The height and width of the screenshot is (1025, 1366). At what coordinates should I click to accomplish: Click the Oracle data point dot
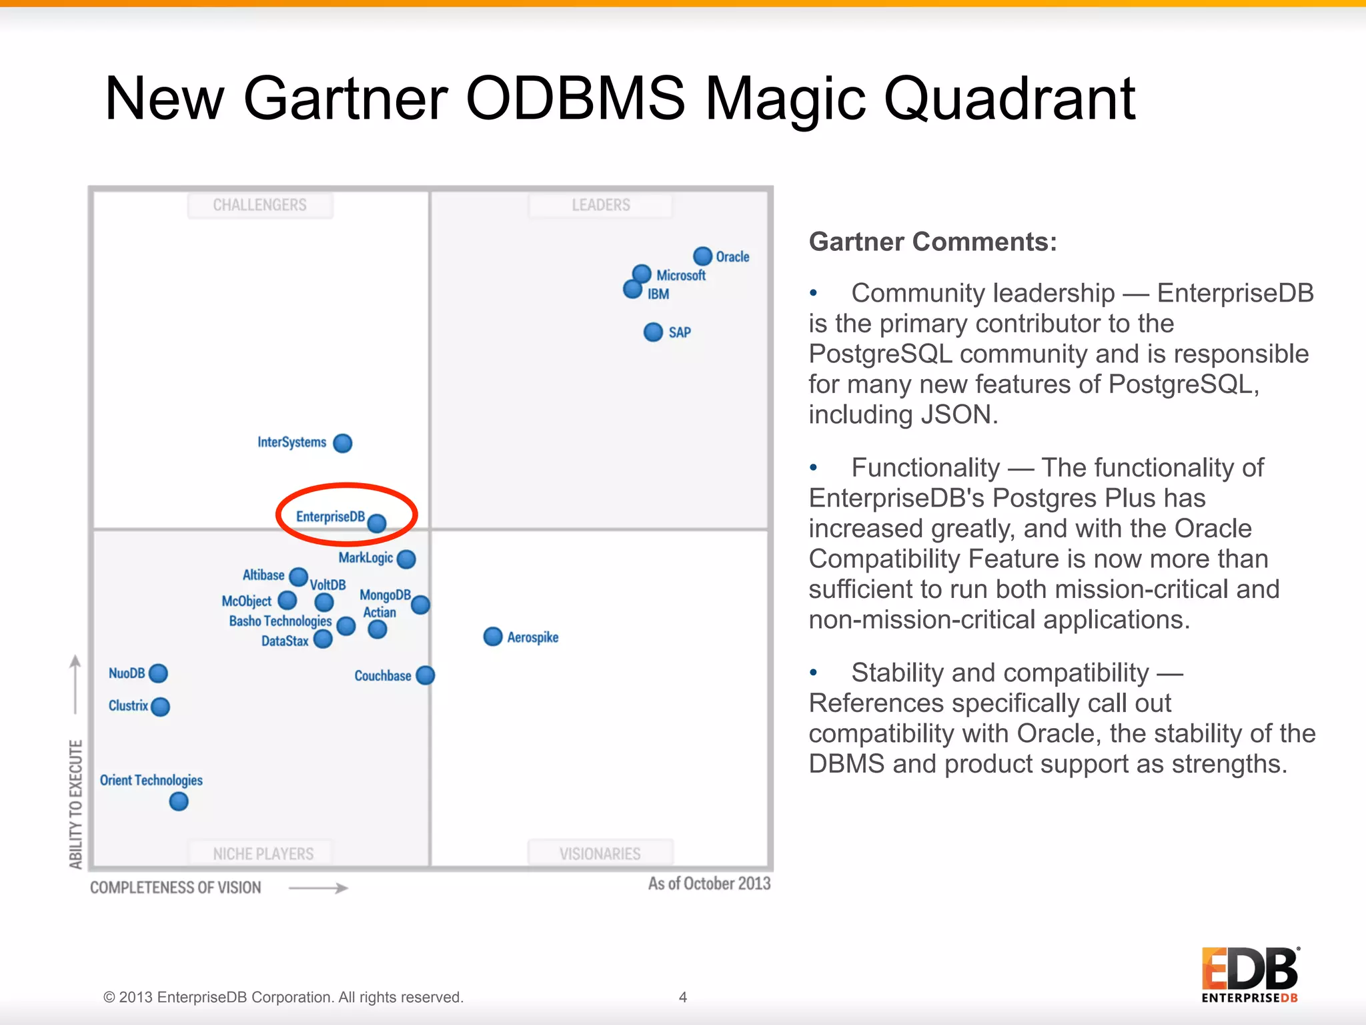tap(702, 256)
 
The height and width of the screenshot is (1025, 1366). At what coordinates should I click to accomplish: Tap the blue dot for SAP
tap(653, 332)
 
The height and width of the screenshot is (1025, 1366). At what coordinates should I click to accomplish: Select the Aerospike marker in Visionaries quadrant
tap(493, 637)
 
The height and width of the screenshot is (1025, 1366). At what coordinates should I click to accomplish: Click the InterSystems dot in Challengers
tap(343, 443)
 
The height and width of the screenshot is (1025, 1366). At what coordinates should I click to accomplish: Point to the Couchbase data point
tap(426, 675)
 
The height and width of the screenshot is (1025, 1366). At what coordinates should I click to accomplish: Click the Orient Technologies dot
tap(179, 801)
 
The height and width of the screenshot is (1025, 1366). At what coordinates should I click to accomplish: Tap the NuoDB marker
tap(159, 673)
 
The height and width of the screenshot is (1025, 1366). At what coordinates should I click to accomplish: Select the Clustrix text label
tap(128, 706)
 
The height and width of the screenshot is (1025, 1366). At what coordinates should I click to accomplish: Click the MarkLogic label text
tap(366, 558)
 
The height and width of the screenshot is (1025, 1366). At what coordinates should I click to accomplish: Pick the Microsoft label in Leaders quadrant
tap(681, 276)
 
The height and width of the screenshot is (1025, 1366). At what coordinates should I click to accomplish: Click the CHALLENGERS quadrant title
tap(259, 205)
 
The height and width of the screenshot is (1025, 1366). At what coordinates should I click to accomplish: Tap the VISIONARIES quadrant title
tap(600, 853)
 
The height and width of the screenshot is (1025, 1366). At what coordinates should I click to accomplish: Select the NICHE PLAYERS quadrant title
tap(263, 853)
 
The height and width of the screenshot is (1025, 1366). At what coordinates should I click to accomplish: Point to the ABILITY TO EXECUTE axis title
tap(76, 804)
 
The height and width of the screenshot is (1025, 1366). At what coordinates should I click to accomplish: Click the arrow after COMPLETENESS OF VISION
tap(319, 888)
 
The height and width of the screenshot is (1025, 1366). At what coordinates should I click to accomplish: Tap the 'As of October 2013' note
tap(709, 884)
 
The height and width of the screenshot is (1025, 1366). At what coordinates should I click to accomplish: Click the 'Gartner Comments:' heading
tap(932, 242)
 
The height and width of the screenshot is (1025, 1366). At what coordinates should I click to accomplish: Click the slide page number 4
tap(682, 997)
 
